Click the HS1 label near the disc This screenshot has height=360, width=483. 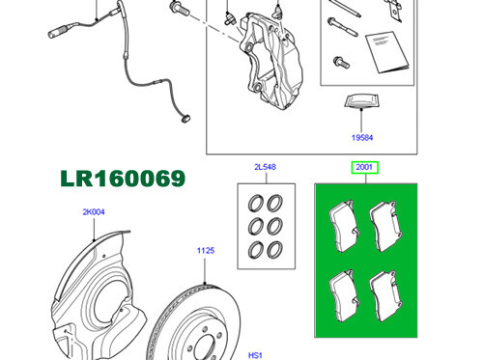257,353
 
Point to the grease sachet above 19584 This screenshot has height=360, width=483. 361,102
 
